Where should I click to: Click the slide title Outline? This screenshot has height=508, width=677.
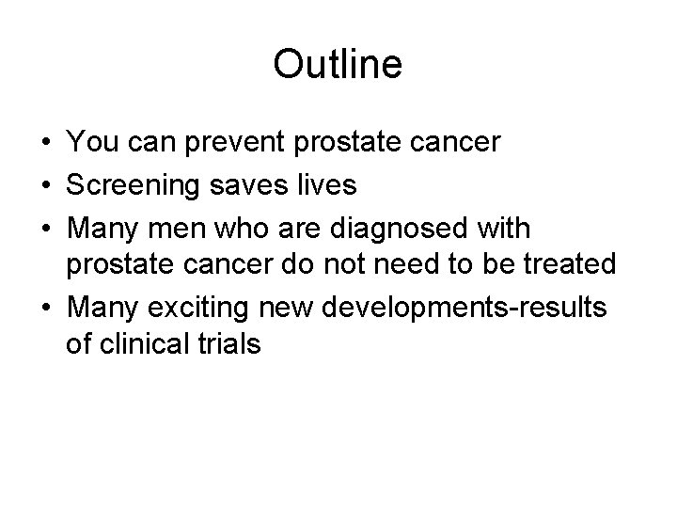point(338,65)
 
